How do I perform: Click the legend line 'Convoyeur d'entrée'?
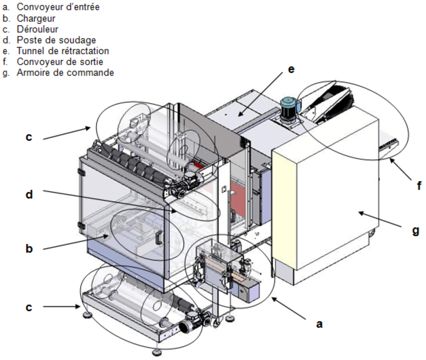click(58, 7)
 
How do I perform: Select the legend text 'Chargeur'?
click(36, 18)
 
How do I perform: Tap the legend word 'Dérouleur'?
click(38, 29)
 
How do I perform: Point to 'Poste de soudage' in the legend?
click(56, 40)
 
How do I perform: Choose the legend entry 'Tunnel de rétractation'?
click(63, 51)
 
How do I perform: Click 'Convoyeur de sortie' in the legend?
click(60, 62)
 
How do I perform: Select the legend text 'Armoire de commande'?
click(65, 73)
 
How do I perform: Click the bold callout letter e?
click(291, 70)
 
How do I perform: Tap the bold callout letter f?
click(419, 186)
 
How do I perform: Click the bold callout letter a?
click(319, 324)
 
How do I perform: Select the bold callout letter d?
click(29, 194)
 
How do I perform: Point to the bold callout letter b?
click(29, 248)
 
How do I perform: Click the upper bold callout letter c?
click(29, 137)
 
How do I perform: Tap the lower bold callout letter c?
click(29, 307)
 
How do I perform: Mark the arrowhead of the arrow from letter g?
click(362, 213)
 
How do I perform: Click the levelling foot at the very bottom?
click(157, 352)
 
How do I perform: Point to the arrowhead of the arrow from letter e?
click(241, 114)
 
